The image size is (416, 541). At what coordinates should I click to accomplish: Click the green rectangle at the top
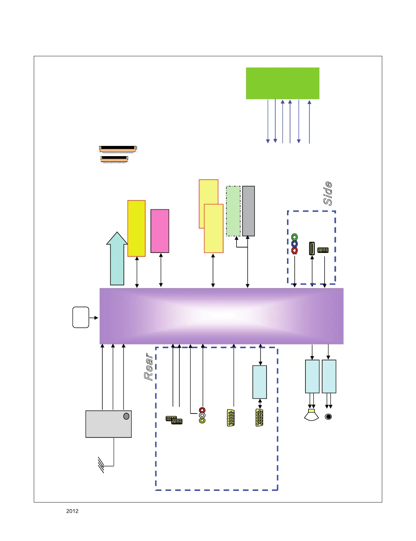point(283,83)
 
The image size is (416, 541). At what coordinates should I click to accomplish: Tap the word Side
point(328,193)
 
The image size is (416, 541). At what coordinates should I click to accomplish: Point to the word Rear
point(149,367)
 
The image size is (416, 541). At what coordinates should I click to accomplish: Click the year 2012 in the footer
point(72,511)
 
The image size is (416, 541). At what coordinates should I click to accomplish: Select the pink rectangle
point(160,231)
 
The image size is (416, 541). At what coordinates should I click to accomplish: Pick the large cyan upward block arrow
point(117,259)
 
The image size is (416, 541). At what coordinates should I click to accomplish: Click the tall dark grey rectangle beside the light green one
point(248,211)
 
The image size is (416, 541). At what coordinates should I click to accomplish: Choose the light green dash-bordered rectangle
point(233,211)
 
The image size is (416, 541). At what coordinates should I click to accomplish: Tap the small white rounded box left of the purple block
point(81,317)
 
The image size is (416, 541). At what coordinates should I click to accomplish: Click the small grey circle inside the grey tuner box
point(126,416)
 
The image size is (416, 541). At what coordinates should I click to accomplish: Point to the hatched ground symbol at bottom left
point(101,465)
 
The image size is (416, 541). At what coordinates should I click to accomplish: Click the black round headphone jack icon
point(328,417)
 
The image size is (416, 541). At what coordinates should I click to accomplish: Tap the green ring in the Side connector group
point(295,237)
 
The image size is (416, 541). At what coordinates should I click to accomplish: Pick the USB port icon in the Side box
point(312,249)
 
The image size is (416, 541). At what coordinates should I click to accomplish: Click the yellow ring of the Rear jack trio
point(202,421)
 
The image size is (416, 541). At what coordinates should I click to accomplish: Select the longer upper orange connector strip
point(118,149)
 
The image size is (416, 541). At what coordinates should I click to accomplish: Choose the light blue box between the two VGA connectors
point(260,382)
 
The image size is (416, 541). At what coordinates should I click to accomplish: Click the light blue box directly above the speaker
point(312,376)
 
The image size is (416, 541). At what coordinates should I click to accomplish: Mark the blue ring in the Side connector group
point(295,244)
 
